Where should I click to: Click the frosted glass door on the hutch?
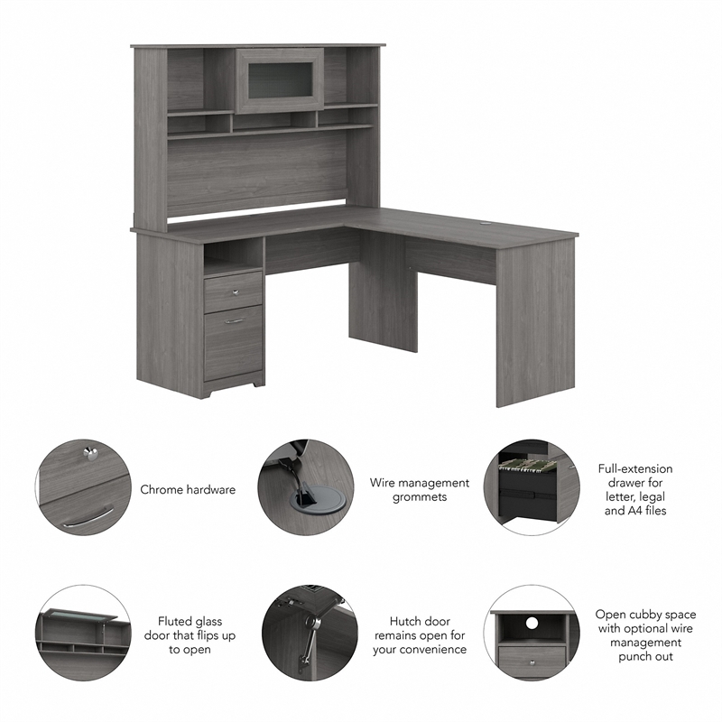279,80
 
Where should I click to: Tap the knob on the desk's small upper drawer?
233,292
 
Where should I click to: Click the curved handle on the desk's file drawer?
235,320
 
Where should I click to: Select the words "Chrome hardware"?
188,490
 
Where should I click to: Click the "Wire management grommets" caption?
420,490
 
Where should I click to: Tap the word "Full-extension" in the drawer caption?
635,469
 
